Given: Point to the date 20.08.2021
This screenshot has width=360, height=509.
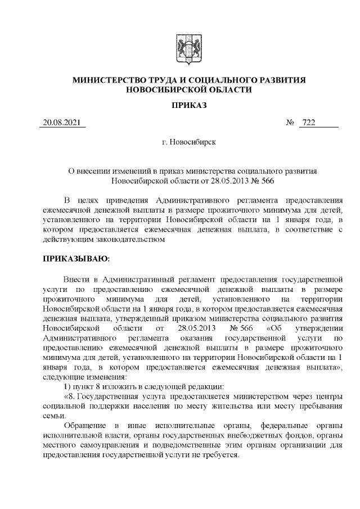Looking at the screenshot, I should [x=62, y=123].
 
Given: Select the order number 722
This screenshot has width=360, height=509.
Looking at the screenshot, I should [x=309, y=123].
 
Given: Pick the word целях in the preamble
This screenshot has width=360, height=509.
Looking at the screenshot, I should [x=96, y=200].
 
